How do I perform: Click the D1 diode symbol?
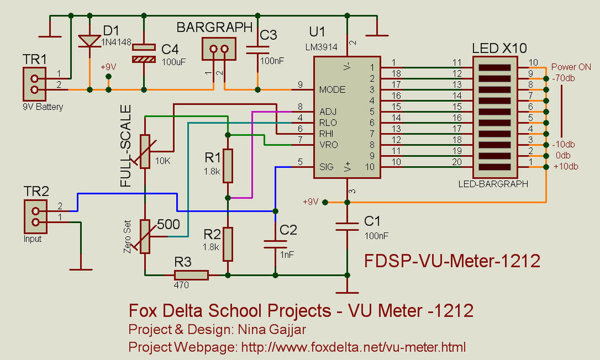click(x=90, y=41)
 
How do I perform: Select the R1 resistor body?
click(x=228, y=166)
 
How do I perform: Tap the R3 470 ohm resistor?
click(x=191, y=275)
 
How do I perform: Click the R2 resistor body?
click(x=228, y=244)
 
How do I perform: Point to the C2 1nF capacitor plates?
click(x=275, y=244)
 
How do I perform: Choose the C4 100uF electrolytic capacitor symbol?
click(x=144, y=53)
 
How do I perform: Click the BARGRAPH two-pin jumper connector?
click(x=219, y=49)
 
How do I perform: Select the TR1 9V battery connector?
click(x=35, y=84)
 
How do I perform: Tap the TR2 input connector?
click(x=36, y=217)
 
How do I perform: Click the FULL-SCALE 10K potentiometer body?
click(x=145, y=151)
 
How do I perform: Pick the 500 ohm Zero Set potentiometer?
click(x=145, y=237)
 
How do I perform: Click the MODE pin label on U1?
click(x=332, y=90)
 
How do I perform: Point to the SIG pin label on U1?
click(x=326, y=167)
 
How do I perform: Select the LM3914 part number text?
click(x=321, y=47)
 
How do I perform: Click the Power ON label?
click(x=571, y=67)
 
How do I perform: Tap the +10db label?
click(x=566, y=166)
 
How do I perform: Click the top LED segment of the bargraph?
click(x=495, y=67)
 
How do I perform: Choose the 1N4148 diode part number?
click(x=116, y=42)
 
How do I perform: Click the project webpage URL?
click(x=353, y=347)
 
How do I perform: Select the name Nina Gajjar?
click(x=272, y=330)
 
